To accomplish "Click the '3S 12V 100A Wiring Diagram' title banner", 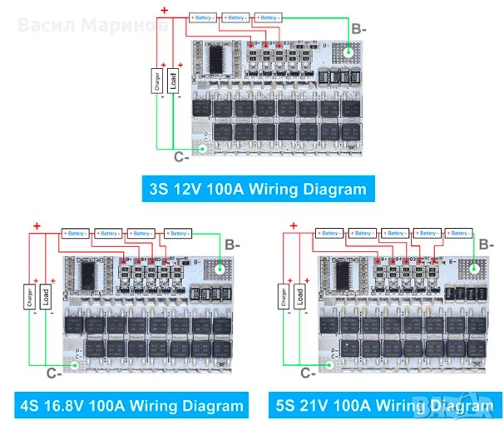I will point(258,188).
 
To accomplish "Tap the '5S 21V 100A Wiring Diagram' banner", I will point(383,407).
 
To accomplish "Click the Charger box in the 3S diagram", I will point(156,82).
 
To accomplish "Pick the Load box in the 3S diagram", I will point(173,82).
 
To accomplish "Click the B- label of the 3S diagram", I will point(358,28).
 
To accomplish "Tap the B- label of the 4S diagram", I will point(234,245).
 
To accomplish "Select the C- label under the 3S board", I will point(180,155).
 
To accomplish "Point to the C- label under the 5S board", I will point(306,373).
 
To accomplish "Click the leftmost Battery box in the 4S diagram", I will point(77,233).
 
